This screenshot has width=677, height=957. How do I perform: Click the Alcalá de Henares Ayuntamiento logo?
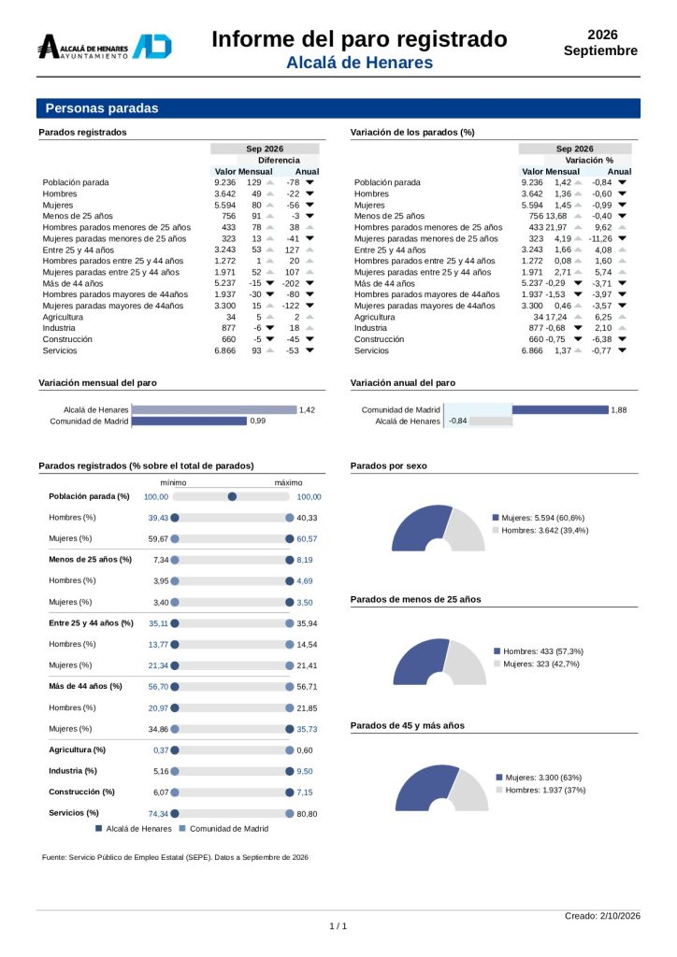click(x=105, y=47)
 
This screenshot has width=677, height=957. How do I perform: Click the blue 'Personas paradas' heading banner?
click(x=338, y=108)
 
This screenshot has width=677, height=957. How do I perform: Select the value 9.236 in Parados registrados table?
click(x=224, y=182)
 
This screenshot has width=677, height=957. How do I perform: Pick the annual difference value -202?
click(x=291, y=283)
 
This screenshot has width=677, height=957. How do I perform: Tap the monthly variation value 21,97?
click(x=556, y=227)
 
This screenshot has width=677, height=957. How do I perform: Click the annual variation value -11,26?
click(x=600, y=238)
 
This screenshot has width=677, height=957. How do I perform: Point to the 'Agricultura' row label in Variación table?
click(x=374, y=318)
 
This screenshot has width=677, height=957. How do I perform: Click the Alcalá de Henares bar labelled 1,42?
click(x=214, y=410)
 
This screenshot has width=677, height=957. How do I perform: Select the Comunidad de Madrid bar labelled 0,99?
click(x=189, y=421)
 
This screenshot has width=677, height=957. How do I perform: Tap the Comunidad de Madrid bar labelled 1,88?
click(x=560, y=410)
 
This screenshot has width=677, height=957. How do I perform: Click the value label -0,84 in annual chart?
click(x=458, y=421)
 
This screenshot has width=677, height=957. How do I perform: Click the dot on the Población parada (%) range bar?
click(x=232, y=497)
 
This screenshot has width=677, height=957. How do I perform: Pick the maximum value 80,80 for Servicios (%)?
click(x=307, y=814)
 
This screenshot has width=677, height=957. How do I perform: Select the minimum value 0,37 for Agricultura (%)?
click(x=161, y=750)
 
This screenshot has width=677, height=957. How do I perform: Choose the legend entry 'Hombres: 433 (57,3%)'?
click(x=539, y=651)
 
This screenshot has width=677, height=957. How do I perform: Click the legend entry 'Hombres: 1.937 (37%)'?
click(x=540, y=791)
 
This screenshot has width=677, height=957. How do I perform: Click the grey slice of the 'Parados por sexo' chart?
click(x=467, y=530)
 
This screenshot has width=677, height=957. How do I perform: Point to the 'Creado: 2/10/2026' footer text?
click(x=602, y=916)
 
